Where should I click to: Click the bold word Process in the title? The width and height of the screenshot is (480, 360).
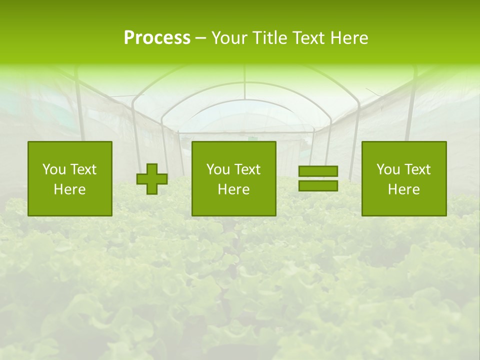click(x=157, y=38)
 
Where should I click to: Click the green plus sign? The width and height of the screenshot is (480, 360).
click(x=152, y=179)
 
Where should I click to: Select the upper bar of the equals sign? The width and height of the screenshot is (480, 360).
click(x=318, y=171)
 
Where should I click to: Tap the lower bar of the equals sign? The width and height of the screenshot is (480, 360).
click(x=318, y=185)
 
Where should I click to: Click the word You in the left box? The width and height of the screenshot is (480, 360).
click(x=54, y=169)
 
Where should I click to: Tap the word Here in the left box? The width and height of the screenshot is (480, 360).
click(x=70, y=189)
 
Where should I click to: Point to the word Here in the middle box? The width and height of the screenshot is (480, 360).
click(x=234, y=189)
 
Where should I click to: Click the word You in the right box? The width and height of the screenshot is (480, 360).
click(x=388, y=169)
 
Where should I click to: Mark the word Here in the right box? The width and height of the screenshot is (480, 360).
click(x=404, y=189)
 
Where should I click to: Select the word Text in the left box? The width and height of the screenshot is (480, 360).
click(x=83, y=169)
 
